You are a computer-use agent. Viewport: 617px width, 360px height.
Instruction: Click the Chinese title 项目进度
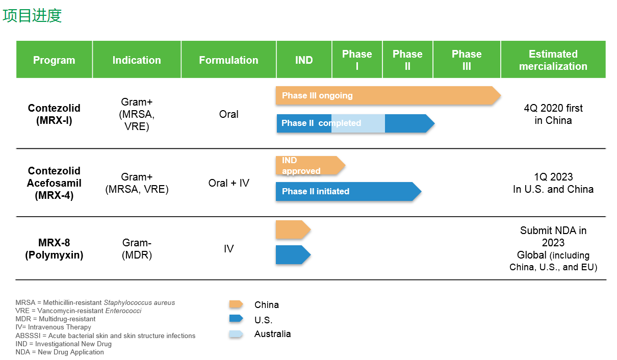(x=32, y=15)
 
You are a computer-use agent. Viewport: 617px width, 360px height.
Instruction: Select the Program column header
(x=54, y=60)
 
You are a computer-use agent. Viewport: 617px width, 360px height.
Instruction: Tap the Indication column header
(x=137, y=60)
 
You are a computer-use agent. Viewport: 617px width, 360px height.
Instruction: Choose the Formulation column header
(x=228, y=60)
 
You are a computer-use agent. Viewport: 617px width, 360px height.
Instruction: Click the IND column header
(x=304, y=60)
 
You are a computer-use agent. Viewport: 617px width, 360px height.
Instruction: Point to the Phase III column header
(x=467, y=60)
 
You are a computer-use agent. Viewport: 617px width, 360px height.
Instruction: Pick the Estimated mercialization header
(x=553, y=60)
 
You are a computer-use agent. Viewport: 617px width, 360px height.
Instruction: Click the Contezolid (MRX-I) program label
(x=54, y=114)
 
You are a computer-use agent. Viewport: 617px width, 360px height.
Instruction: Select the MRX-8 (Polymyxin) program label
(x=54, y=249)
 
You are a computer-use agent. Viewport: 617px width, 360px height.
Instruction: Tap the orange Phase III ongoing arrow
(x=388, y=95)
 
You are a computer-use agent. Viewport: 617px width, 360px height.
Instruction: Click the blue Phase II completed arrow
(x=355, y=123)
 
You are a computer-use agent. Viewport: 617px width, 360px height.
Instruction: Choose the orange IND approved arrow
(x=311, y=165)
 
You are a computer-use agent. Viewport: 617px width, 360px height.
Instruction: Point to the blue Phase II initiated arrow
(x=348, y=191)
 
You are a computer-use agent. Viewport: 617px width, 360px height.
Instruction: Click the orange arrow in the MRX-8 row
(x=293, y=229)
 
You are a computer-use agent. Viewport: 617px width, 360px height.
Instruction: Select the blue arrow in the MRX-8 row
(x=293, y=255)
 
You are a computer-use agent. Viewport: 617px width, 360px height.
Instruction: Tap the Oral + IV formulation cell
(x=228, y=183)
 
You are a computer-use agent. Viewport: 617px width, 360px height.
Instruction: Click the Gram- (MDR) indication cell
(x=137, y=249)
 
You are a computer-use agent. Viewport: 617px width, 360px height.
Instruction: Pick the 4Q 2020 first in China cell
(x=553, y=114)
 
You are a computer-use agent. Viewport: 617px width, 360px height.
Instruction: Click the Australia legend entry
(x=260, y=334)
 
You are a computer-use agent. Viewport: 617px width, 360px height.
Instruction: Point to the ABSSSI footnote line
(x=105, y=336)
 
